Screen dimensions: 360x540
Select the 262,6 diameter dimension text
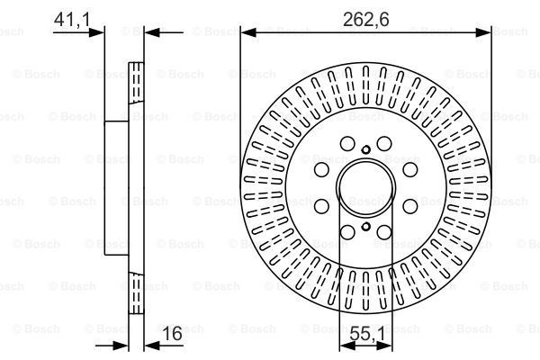click(367, 15)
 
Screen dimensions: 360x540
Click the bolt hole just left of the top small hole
click(346, 143)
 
